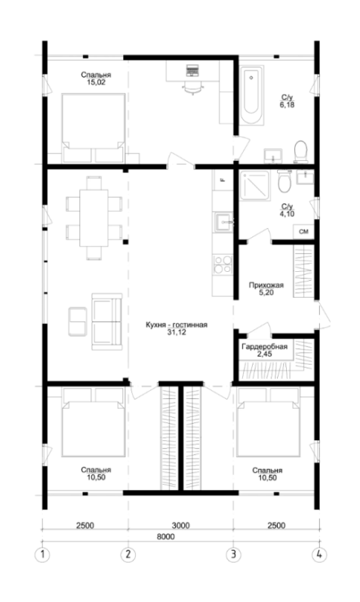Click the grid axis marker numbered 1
click(42, 554)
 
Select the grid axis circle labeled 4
click(319, 554)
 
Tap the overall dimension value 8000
click(165, 536)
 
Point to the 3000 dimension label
click(180, 525)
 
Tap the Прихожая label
click(266, 286)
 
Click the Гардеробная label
click(264, 347)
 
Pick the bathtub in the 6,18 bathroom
click(252, 95)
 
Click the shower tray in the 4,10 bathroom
click(254, 186)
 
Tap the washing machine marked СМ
click(303, 232)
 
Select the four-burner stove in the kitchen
click(223, 264)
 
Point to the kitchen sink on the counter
click(223, 222)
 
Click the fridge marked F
click(223, 180)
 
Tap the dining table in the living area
click(94, 218)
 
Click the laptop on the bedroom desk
click(192, 71)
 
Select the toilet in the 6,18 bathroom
click(300, 151)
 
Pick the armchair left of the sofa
click(77, 321)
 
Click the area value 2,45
click(264, 354)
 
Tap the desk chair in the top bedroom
click(192, 88)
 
